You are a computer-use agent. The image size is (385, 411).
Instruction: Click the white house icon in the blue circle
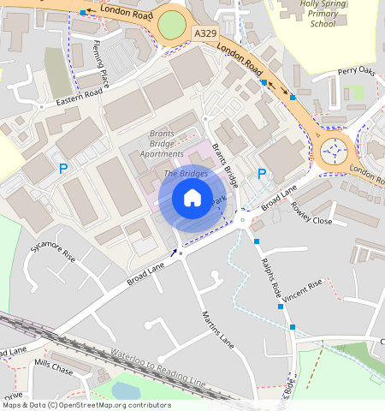(192, 199)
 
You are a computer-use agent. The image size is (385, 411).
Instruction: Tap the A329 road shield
(204, 33)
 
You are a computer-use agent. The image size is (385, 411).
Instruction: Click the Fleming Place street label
(101, 65)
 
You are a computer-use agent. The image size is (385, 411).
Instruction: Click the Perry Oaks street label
(356, 72)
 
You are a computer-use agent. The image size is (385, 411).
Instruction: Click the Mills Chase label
(53, 367)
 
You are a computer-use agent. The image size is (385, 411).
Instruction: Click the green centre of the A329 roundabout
(172, 26)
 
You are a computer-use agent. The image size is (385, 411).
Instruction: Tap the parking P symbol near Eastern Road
(62, 170)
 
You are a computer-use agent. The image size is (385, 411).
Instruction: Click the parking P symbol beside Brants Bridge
(262, 174)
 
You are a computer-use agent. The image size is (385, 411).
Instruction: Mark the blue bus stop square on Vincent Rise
(292, 328)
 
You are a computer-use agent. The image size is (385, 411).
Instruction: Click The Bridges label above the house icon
(185, 174)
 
